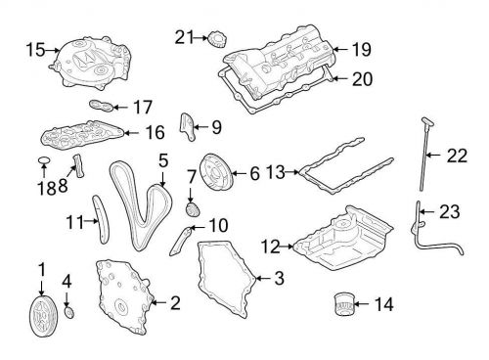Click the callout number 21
click(184, 37)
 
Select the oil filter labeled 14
click(343, 304)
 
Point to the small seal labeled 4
click(69, 312)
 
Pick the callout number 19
click(361, 50)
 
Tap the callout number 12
click(270, 247)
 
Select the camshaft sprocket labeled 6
click(215, 175)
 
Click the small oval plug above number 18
click(44, 160)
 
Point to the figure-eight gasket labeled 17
click(102, 106)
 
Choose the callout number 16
click(155, 132)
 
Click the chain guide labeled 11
click(101, 219)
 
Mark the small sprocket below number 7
click(192, 209)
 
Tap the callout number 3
click(279, 278)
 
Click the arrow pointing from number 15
click(53, 50)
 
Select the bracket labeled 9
click(188, 127)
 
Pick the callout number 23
click(450, 211)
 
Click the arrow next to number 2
click(158, 302)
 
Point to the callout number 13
click(276, 172)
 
